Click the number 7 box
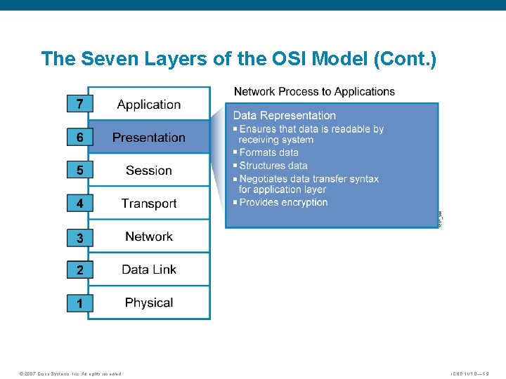pos(79,104)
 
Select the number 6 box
pos(79,138)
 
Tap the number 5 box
pos(79,170)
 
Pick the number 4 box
pos(79,204)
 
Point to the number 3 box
pos(79,238)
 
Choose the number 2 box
pos(79,270)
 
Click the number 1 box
pos(79,303)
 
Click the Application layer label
pos(149,105)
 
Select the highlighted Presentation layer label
pos(149,138)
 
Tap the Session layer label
pos(149,171)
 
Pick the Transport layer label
pos(149,204)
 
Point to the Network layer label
pos(149,237)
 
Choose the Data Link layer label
pos(149,270)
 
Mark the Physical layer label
pos(149,302)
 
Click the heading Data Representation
pos(284,115)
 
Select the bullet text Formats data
pos(268,152)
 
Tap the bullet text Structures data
pos(273,166)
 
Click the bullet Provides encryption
pos(283,202)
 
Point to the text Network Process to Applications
pos(314,91)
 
